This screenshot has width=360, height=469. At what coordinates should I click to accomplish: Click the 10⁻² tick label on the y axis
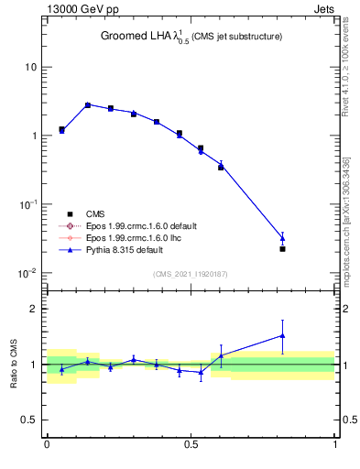[x=28, y=273]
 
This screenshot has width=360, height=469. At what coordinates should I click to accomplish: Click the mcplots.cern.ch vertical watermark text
[x=346, y=220]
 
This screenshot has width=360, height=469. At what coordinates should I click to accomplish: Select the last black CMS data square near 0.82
[x=282, y=249]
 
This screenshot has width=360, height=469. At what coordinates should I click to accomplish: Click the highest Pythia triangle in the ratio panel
[x=282, y=335]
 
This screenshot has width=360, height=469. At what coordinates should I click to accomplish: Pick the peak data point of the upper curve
[x=88, y=105]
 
